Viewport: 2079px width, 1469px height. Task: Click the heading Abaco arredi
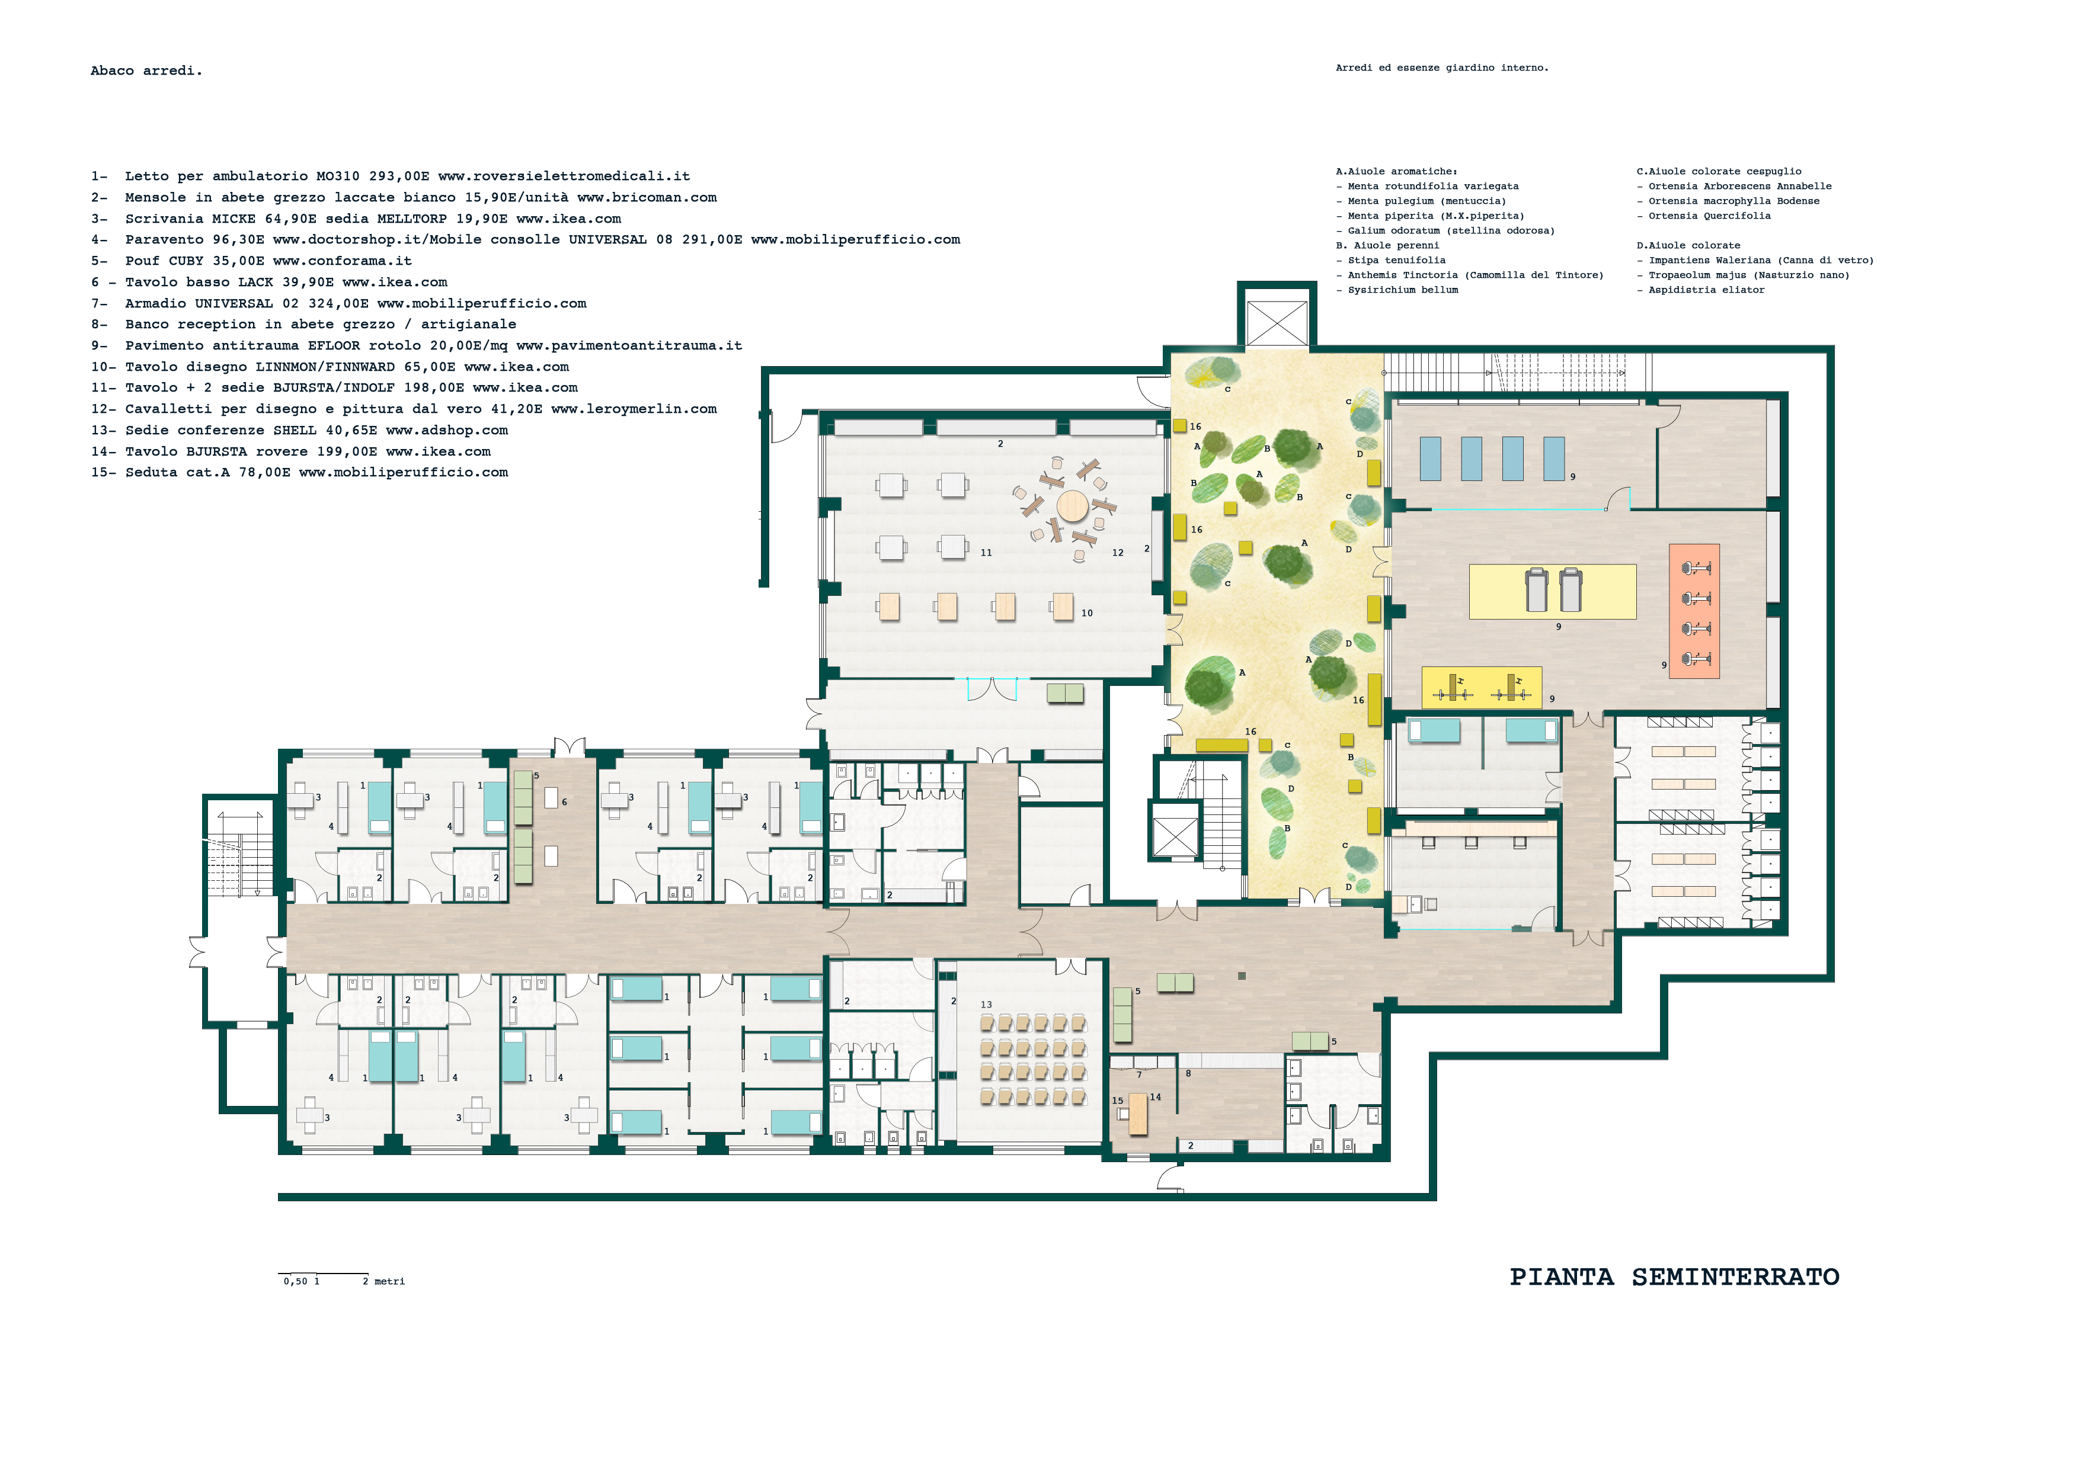coord(146,70)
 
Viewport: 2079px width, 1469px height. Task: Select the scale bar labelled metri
coord(323,1274)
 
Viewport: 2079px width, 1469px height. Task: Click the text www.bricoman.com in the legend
coord(647,197)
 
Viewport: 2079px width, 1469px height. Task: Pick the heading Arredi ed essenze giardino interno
coord(1441,68)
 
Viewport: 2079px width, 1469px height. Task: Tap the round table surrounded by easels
coord(1072,505)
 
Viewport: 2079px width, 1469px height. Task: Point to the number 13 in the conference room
coord(986,1005)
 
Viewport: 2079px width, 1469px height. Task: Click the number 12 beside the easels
coord(1117,553)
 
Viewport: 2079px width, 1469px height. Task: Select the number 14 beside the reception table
coord(1156,1097)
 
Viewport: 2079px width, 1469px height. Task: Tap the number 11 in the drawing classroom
coord(986,553)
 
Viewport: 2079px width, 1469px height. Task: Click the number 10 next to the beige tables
coord(1086,614)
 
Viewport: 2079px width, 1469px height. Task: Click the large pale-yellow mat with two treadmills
coord(1552,592)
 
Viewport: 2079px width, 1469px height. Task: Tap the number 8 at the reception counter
coord(1188,1073)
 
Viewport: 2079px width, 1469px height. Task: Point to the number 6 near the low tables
coord(564,802)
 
